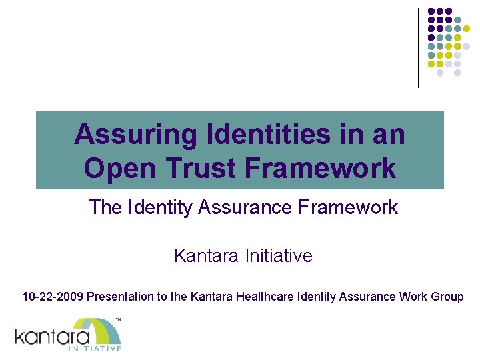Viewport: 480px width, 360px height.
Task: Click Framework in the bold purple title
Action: point(321,168)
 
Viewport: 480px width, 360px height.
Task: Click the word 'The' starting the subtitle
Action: point(105,207)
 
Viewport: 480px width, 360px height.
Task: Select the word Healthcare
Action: point(256,297)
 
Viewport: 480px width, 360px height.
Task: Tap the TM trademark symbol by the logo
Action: point(118,321)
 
